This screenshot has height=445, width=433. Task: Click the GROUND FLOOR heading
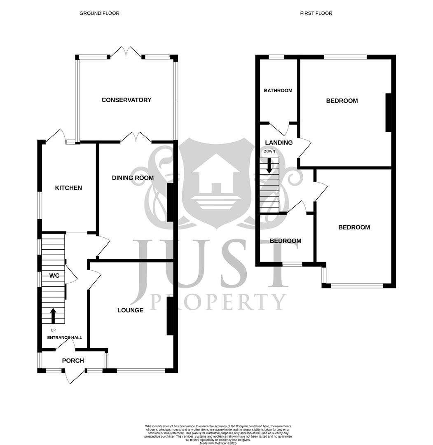[99, 13]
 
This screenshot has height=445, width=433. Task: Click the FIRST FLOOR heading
[316, 13]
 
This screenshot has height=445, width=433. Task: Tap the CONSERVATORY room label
[126, 100]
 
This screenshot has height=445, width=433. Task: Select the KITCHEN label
[69, 188]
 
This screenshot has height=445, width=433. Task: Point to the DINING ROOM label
[133, 178]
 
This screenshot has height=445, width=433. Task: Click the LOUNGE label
[130, 310]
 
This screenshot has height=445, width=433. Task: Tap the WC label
[54, 275]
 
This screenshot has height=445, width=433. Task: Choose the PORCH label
[73, 361]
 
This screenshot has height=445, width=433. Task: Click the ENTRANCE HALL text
[65, 337]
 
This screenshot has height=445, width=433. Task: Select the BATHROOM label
[278, 91]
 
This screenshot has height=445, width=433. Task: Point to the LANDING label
[279, 143]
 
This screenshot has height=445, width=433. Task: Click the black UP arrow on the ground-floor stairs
[53, 316]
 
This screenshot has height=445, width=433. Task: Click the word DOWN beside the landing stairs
[269, 151]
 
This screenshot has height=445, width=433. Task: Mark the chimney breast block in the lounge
[170, 316]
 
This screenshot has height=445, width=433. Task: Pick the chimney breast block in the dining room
[170, 202]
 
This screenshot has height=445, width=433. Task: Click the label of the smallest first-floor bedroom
[286, 241]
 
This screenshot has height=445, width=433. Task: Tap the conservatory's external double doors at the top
[126, 52]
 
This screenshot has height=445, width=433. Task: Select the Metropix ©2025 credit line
[218, 443]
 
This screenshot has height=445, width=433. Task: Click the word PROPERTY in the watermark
[218, 302]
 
